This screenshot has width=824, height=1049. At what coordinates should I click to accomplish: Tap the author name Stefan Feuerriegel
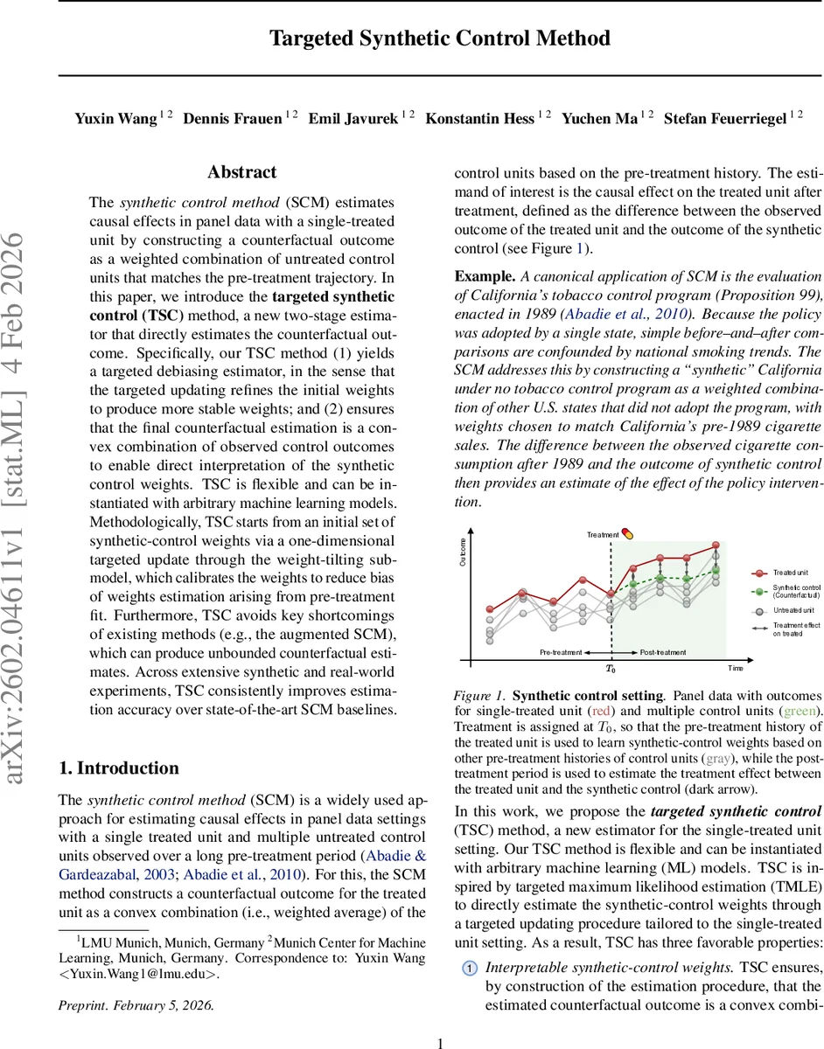click(x=725, y=118)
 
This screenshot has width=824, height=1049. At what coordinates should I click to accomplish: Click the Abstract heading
click(x=241, y=172)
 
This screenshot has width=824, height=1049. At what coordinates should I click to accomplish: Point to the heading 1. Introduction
click(x=118, y=768)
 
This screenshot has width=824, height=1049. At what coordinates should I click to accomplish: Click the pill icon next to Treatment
click(x=627, y=534)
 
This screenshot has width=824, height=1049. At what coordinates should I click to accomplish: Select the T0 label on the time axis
click(x=611, y=669)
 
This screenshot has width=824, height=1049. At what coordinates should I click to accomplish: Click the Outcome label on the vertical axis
click(x=463, y=550)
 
